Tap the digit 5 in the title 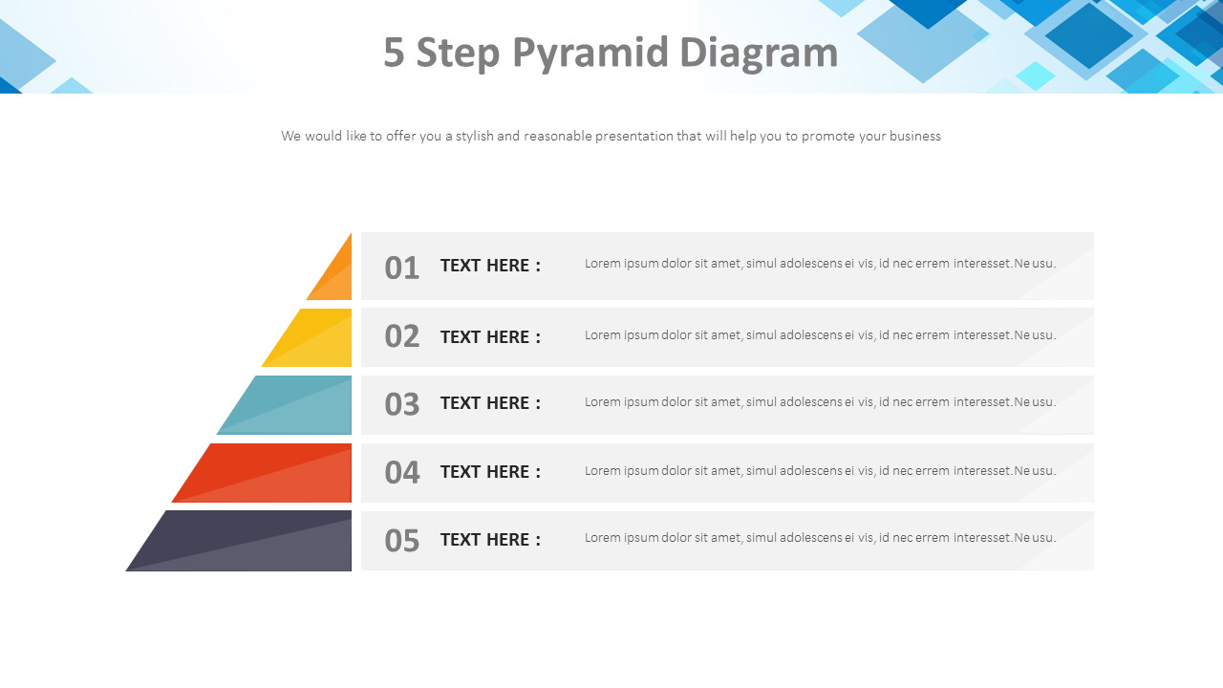coord(394,53)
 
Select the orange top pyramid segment coord(336,275)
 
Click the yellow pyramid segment coord(315,339)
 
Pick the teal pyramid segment coord(291,406)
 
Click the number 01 coord(401,269)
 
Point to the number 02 coord(401,336)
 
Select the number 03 coord(401,404)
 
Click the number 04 coord(401,472)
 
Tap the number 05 coord(401,541)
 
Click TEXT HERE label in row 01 coord(490,266)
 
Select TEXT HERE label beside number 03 coord(490,403)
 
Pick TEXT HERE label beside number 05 coord(490,540)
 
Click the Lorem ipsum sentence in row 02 coord(820,335)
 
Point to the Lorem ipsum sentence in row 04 coord(820,471)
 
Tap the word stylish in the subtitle coord(474,136)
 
